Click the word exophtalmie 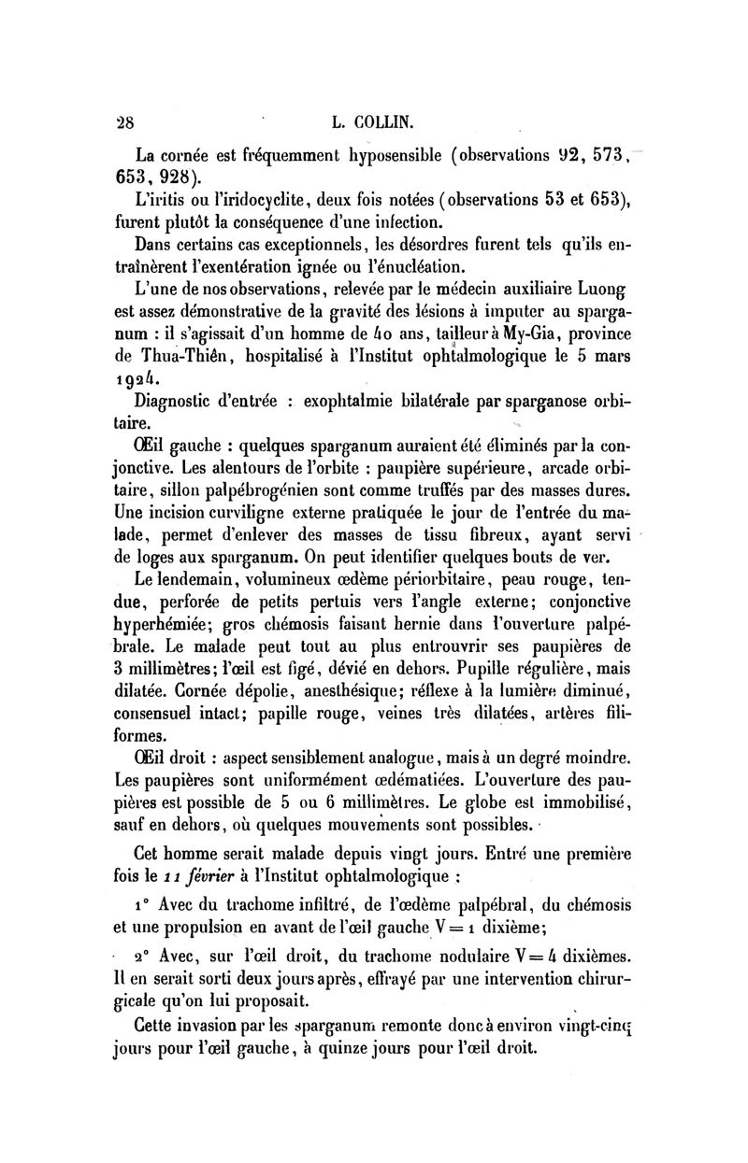[x=348, y=403]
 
